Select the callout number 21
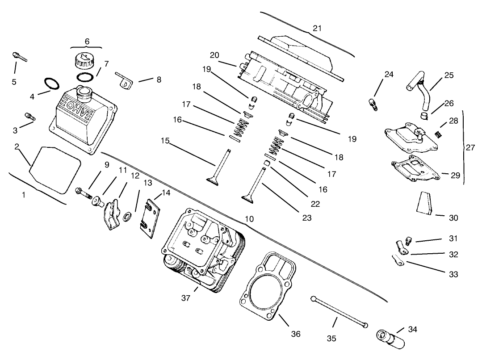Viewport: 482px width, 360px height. point(317,28)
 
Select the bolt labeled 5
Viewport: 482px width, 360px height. point(19,57)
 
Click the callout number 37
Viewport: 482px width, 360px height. point(186,298)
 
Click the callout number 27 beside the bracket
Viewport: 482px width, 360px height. point(470,148)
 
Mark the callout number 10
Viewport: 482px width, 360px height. point(249,219)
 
